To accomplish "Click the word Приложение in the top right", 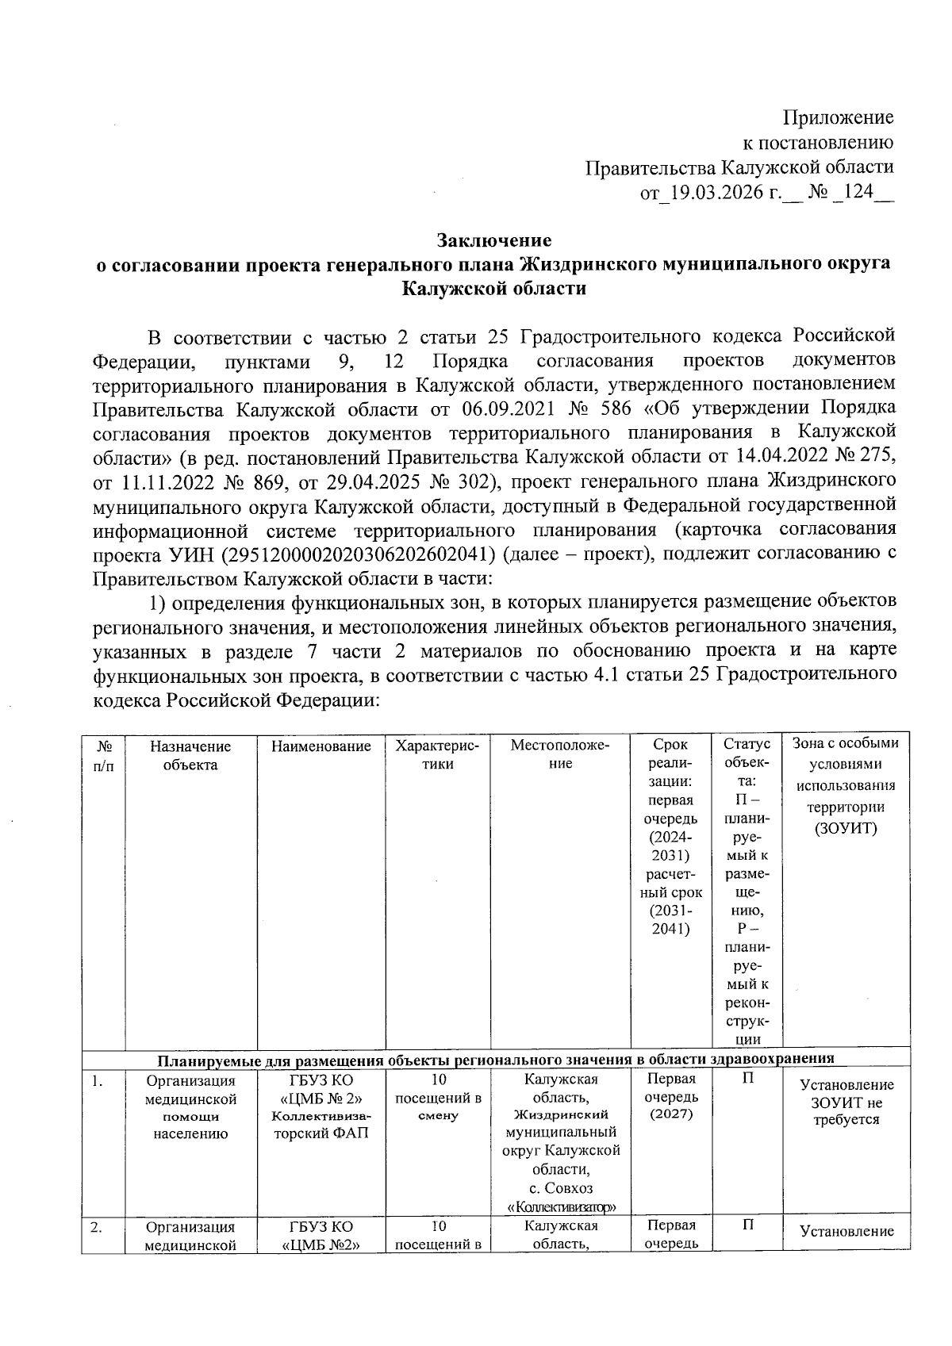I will (839, 118).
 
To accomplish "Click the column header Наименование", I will (321, 746).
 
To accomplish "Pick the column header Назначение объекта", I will (190, 755).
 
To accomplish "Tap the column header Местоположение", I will (560, 755).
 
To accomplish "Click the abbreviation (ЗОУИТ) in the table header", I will (846, 828).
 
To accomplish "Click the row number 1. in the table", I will (95, 1080).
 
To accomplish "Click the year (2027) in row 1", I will (671, 1114).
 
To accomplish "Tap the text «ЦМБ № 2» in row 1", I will (321, 1098).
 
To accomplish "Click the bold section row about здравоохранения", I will (495, 1059).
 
